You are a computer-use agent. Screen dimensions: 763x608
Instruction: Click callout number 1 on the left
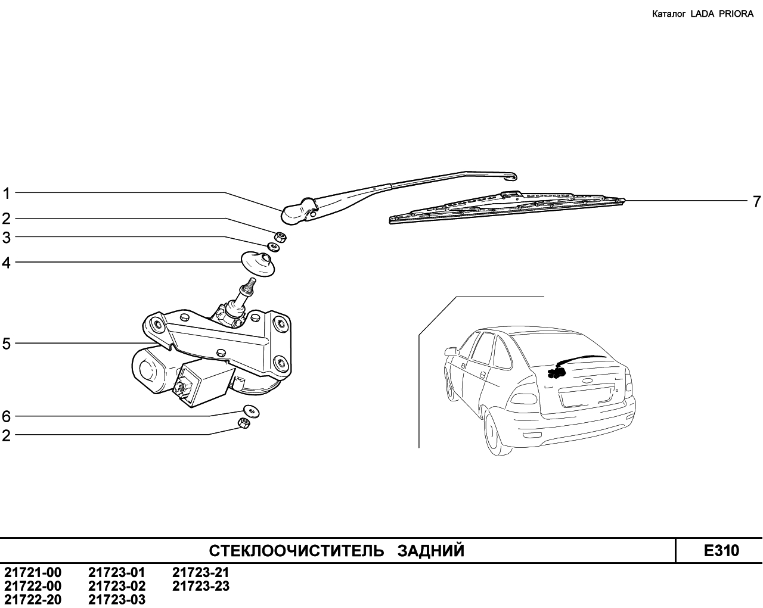tap(6, 194)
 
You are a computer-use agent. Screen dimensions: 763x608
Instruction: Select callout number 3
tap(7, 238)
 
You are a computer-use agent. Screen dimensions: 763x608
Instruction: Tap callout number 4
tap(7, 263)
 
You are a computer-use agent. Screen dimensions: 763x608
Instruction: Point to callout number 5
tap(7, 344)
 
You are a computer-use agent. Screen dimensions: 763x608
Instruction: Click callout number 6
tap(7, 416)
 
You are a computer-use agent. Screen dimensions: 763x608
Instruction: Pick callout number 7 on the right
tap(756, 202)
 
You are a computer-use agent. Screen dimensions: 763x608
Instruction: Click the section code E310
tap(721, 551)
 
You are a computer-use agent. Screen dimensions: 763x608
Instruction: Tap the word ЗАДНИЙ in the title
tap(431, 551)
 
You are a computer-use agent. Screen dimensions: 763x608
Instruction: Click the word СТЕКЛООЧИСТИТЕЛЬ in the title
tap(296, 551)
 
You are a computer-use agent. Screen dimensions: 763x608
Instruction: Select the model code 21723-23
tap(201, 586)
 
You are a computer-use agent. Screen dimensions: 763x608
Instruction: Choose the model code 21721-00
tap(33, 572)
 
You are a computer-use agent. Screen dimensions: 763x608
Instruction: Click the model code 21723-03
tap(117, 600)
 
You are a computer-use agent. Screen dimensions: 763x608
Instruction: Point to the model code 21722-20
tap(33, 600)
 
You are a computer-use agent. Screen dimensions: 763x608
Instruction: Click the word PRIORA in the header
tap(736, 14)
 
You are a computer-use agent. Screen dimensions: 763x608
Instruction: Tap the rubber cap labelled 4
tap(258, 264)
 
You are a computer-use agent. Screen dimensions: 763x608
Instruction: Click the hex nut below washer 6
tap(244, 422)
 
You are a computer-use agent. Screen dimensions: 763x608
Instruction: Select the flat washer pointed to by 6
tap(252, 411)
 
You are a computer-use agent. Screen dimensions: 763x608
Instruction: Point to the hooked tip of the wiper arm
tap(511, 176)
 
